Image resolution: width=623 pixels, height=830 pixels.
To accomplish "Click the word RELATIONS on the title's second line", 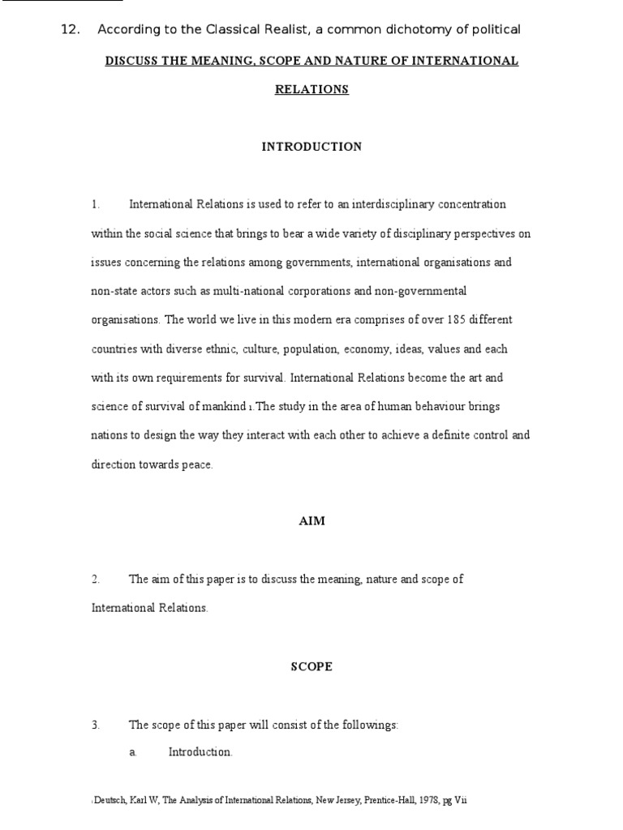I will [x=311, y=90].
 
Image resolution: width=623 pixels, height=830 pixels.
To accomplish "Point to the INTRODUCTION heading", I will [x=311, y=147].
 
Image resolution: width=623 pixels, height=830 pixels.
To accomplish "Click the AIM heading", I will [x=311, y=521].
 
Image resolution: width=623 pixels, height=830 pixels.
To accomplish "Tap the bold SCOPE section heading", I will [x=311, y=667].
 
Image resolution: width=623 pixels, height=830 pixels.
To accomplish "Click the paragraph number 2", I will [x=95, y=580].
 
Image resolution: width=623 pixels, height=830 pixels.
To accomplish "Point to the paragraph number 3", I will [x=95, y=725].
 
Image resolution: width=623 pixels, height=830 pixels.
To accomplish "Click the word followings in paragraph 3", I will [x=372, y=725].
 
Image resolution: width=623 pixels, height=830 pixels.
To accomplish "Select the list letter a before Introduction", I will [x=132, y=752].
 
